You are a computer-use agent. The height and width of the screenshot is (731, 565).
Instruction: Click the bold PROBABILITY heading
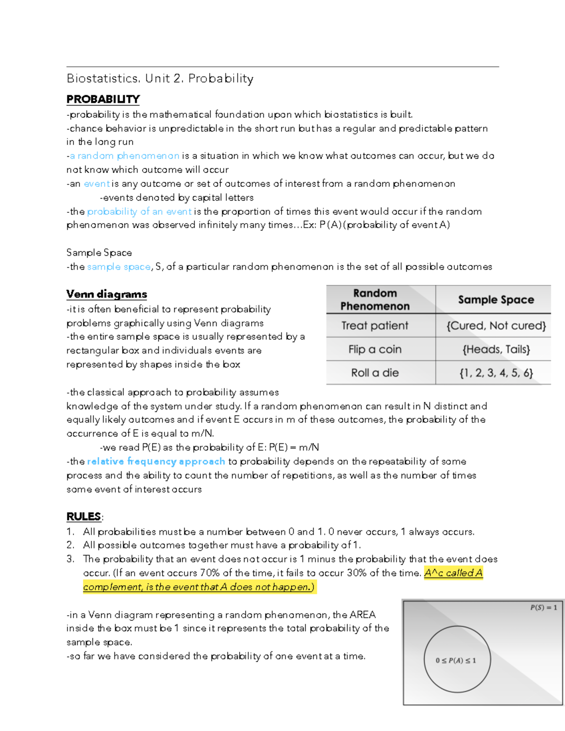(x=103, y=99)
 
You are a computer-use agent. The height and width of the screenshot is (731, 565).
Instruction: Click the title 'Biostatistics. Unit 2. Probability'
(x=160, y=79)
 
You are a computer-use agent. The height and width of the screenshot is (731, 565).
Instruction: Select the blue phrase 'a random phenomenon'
(x=124, y=156)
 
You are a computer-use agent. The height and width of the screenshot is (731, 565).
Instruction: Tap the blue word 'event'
(x=97, y=184)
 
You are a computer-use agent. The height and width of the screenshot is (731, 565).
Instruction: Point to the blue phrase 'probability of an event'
(x=139, y=211)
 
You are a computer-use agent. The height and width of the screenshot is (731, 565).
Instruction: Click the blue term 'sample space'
(x=119, y=267)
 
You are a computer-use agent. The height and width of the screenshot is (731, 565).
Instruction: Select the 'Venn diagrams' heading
(x=107, y=294)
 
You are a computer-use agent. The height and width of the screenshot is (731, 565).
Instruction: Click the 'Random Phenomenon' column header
(x=375, y=300)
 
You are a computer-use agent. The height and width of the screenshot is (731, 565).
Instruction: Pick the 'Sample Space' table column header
(x=496, y=300)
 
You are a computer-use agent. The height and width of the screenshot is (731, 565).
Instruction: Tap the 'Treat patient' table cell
(x=375, y=326)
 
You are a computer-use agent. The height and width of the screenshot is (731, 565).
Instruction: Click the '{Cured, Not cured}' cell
(x=496, y=326)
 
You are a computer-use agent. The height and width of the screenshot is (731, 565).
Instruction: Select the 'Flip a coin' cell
(x=375, y=349)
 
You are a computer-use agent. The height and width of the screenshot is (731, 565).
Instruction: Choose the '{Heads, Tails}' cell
(x=496, y=349)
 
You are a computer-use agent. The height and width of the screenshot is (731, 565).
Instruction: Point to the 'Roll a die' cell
(x=375, y=373)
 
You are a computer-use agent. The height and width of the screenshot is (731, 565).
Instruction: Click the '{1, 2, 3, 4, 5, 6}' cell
(x=496, y=373)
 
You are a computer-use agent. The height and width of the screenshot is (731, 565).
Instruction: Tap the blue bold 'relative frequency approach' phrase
(x=156, y=461)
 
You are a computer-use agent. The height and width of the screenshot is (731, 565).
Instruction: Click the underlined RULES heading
(x=84, y=517)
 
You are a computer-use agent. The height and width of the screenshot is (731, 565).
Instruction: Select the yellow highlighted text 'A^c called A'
(x=453, y=573)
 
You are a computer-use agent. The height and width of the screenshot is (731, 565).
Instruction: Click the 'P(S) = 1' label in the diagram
(x=543, y=608)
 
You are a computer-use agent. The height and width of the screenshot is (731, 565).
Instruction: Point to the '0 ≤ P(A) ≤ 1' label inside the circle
(x=456, y=660)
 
